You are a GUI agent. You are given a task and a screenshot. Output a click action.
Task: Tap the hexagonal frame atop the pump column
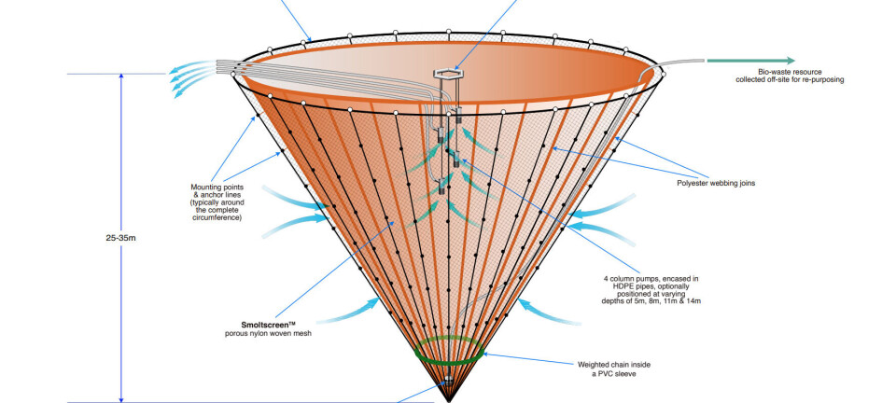coord(449,73)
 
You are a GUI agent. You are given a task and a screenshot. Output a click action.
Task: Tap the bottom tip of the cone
coord(449,400)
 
